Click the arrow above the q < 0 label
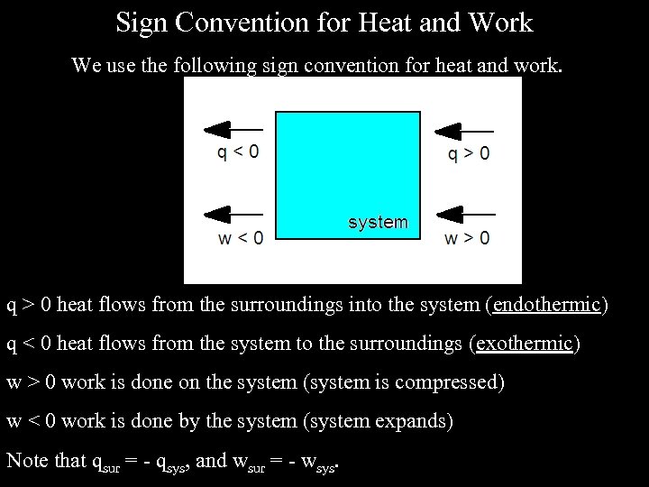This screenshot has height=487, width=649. (x=234, y=130)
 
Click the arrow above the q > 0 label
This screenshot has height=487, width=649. (x=465, y=130)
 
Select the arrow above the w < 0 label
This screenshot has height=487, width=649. (x=234, y=215)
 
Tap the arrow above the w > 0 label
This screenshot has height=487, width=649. (x=465, y=215)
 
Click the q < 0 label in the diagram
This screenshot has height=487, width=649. (x=238, y=152)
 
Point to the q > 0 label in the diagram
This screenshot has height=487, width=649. (x=470, y=153)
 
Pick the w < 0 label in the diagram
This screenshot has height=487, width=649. (x=241, y=238)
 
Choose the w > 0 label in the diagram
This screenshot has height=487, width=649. (x=467, y=238)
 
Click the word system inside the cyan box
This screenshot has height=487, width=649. (x=378, y=222)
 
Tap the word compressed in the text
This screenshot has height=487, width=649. (x=452, y=382)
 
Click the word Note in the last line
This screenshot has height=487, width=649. (x=27, y=460)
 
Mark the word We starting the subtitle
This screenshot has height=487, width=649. (x=85, y=66)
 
